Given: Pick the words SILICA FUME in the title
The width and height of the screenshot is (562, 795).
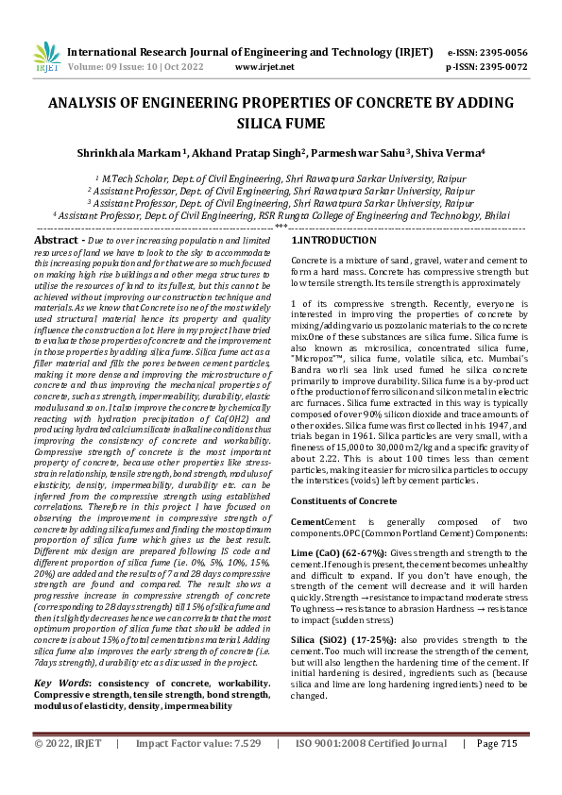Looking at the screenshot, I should (x=281, y=123).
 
